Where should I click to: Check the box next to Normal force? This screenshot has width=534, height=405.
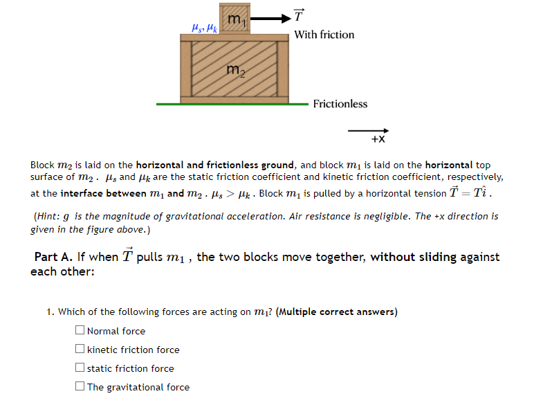pyautogui.click(x=81, y=331)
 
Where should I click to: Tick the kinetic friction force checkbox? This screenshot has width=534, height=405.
pyautogui.click(x=81, y=350)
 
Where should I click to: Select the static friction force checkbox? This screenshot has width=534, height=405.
pyautogui.click(x=81, y=368)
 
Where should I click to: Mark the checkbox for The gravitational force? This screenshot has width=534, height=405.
pyautogui.click(x=81, y=387)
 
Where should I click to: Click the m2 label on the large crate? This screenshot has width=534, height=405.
pyautogui.click(x=235, y=69)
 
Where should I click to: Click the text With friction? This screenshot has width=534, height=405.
pyautogui.click(x=324, y=35)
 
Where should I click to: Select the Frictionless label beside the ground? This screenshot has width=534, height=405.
pyautogui.click(x=340, y=104)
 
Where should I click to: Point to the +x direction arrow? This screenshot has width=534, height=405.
pyautogui.click(x=368, y=129)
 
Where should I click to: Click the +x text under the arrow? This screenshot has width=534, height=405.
pyautogui.click(x=378, y=139)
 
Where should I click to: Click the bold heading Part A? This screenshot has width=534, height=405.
pyautogui.click(x=53, y=257)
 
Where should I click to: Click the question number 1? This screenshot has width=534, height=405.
pyautogui.click(x=50, y=312)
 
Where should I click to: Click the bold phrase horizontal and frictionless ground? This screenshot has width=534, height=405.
pyautogui.click(x=215, y=165)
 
